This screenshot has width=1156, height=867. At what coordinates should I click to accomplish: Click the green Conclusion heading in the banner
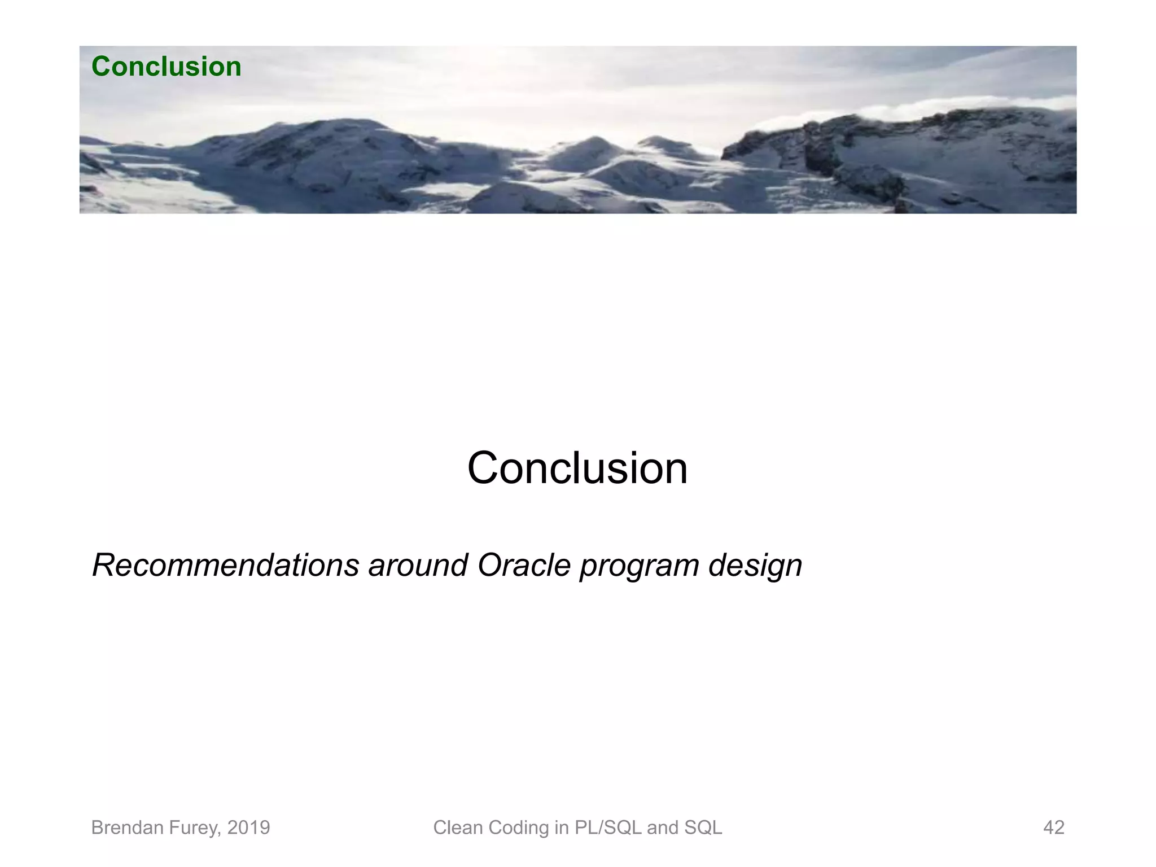[166, 67]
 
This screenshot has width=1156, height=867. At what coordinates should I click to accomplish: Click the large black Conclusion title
[577, 468]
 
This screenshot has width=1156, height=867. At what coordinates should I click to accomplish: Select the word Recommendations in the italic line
[225, 565]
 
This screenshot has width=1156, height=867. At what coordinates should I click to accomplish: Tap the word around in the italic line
[418, 565]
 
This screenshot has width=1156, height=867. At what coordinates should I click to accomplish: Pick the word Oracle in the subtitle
[524, 565]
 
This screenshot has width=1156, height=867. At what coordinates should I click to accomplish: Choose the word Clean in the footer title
[458, 827]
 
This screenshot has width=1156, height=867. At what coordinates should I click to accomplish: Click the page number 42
[1053, 827]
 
